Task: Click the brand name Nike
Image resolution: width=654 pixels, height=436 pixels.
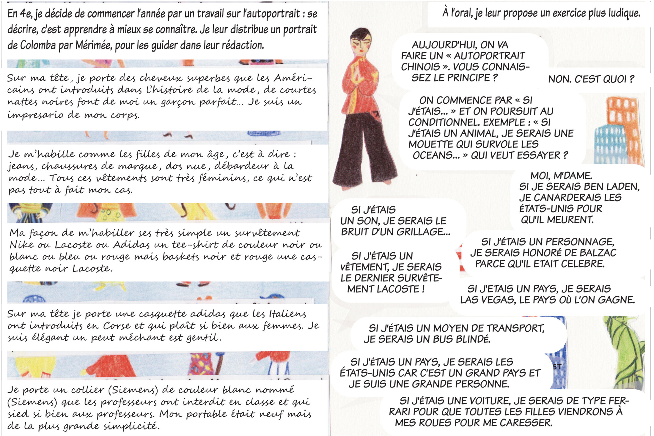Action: point(22,245)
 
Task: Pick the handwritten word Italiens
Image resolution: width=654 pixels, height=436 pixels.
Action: point(287,314)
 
